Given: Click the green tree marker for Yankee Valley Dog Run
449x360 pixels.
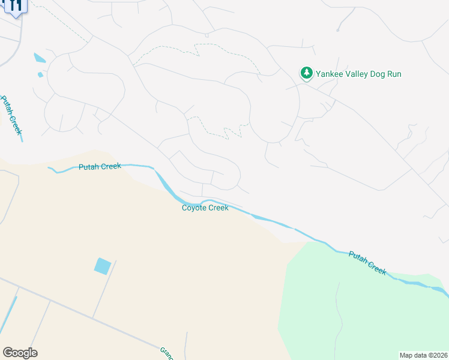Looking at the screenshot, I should point(307,73).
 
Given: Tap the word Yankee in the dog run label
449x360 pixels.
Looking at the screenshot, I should point(331,74).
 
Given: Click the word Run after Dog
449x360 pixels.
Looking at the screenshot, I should point(395,74).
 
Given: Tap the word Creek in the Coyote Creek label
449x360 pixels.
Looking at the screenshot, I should point(218,208).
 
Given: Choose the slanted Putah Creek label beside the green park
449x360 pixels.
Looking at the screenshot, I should point(367,262).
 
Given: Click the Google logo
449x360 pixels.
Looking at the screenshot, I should point(20,353).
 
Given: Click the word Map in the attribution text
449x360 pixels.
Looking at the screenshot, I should point(406,355).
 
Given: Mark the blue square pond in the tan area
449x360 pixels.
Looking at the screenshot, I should point(103,266).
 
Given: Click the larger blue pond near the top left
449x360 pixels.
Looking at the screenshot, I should point(40,58).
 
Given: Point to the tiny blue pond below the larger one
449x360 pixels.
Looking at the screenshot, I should point(40,75).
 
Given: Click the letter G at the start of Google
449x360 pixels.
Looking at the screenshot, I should point(7,353).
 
